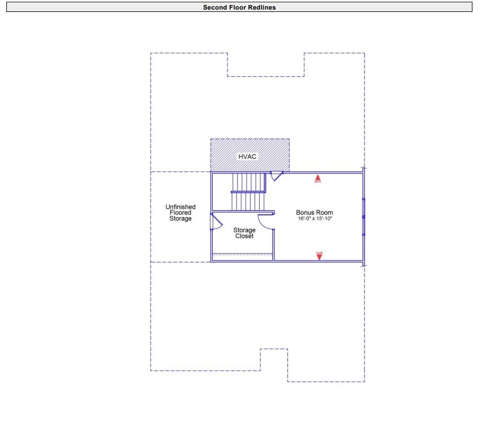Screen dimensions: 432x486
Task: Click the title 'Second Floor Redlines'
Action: (x=239, y=7)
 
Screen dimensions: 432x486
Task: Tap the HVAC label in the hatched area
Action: (x=247, y=155)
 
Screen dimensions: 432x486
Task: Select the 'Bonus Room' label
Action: (x=315, y=213)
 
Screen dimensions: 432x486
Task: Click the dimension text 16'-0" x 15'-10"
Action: (x=315, y=219)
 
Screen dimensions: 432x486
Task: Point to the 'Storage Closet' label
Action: (x=244, y=233)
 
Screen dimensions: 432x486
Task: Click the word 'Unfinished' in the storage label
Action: (x=180, y=207)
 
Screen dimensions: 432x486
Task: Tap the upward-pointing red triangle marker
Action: (x=318, y=178)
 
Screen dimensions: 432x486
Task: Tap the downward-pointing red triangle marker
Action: (x=319, y=256)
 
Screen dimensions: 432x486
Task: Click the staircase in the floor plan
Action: (x=248, y=192)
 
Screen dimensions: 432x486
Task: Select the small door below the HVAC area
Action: (x=277, y=176)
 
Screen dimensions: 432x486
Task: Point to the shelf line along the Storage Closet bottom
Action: (x=242, y=255)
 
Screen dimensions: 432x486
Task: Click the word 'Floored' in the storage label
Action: (x=180, y=213)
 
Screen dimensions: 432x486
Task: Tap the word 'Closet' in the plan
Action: (x=244, y=236)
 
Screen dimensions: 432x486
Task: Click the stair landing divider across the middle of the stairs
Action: (x=248, y=192)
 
